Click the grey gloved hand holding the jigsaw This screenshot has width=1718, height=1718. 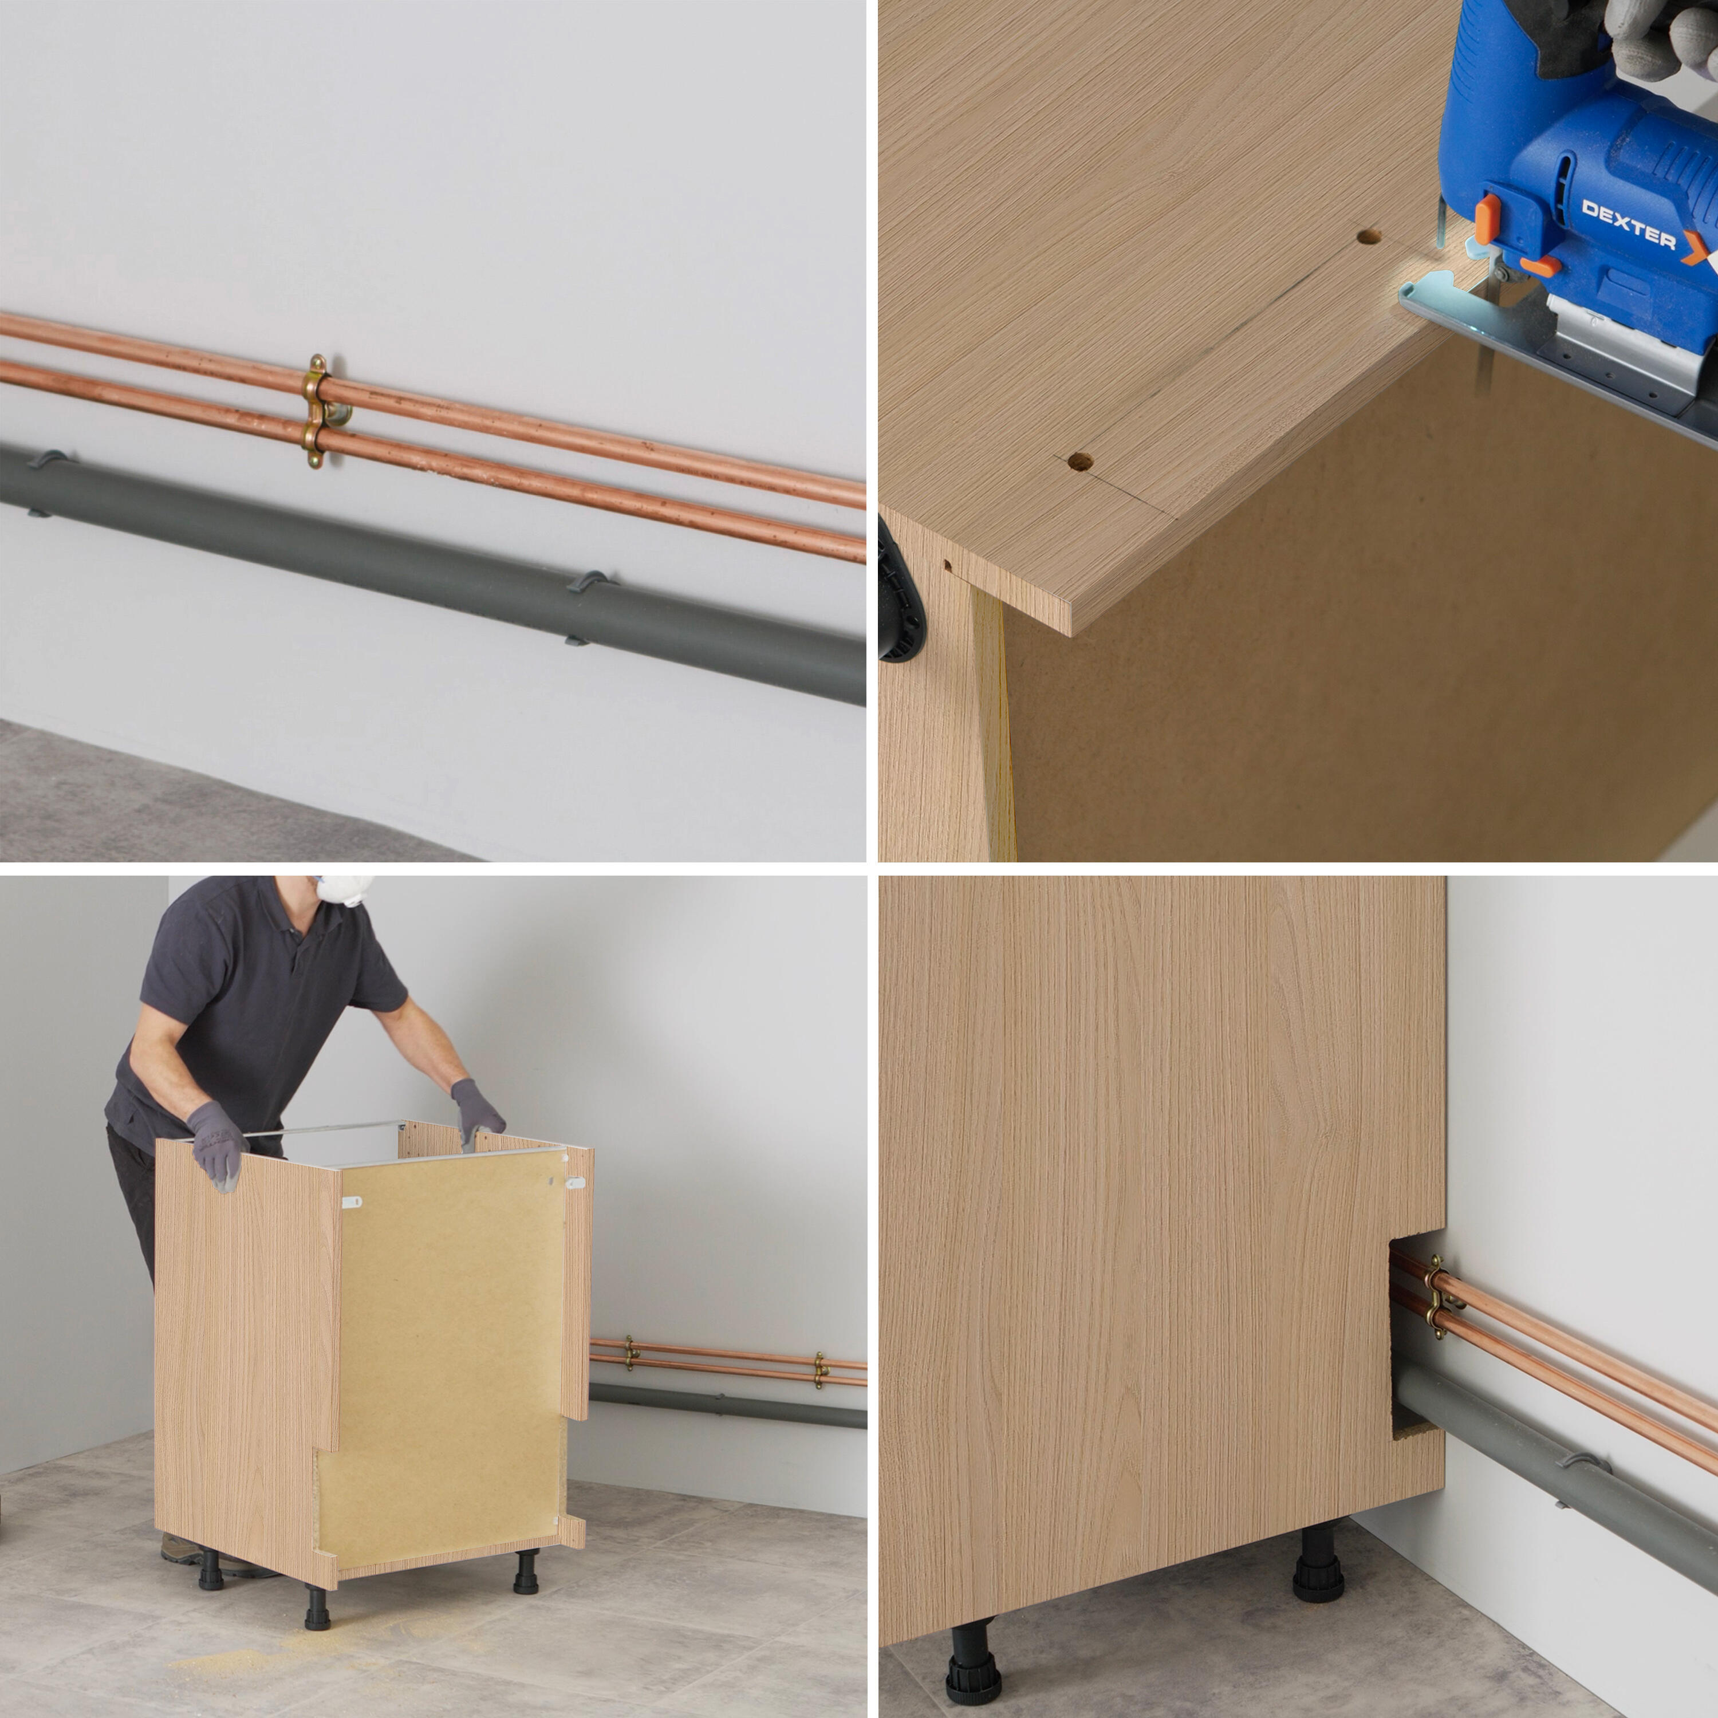click(x=1663, y=36)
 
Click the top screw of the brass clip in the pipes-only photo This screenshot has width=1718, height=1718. click(x=317, y=365)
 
